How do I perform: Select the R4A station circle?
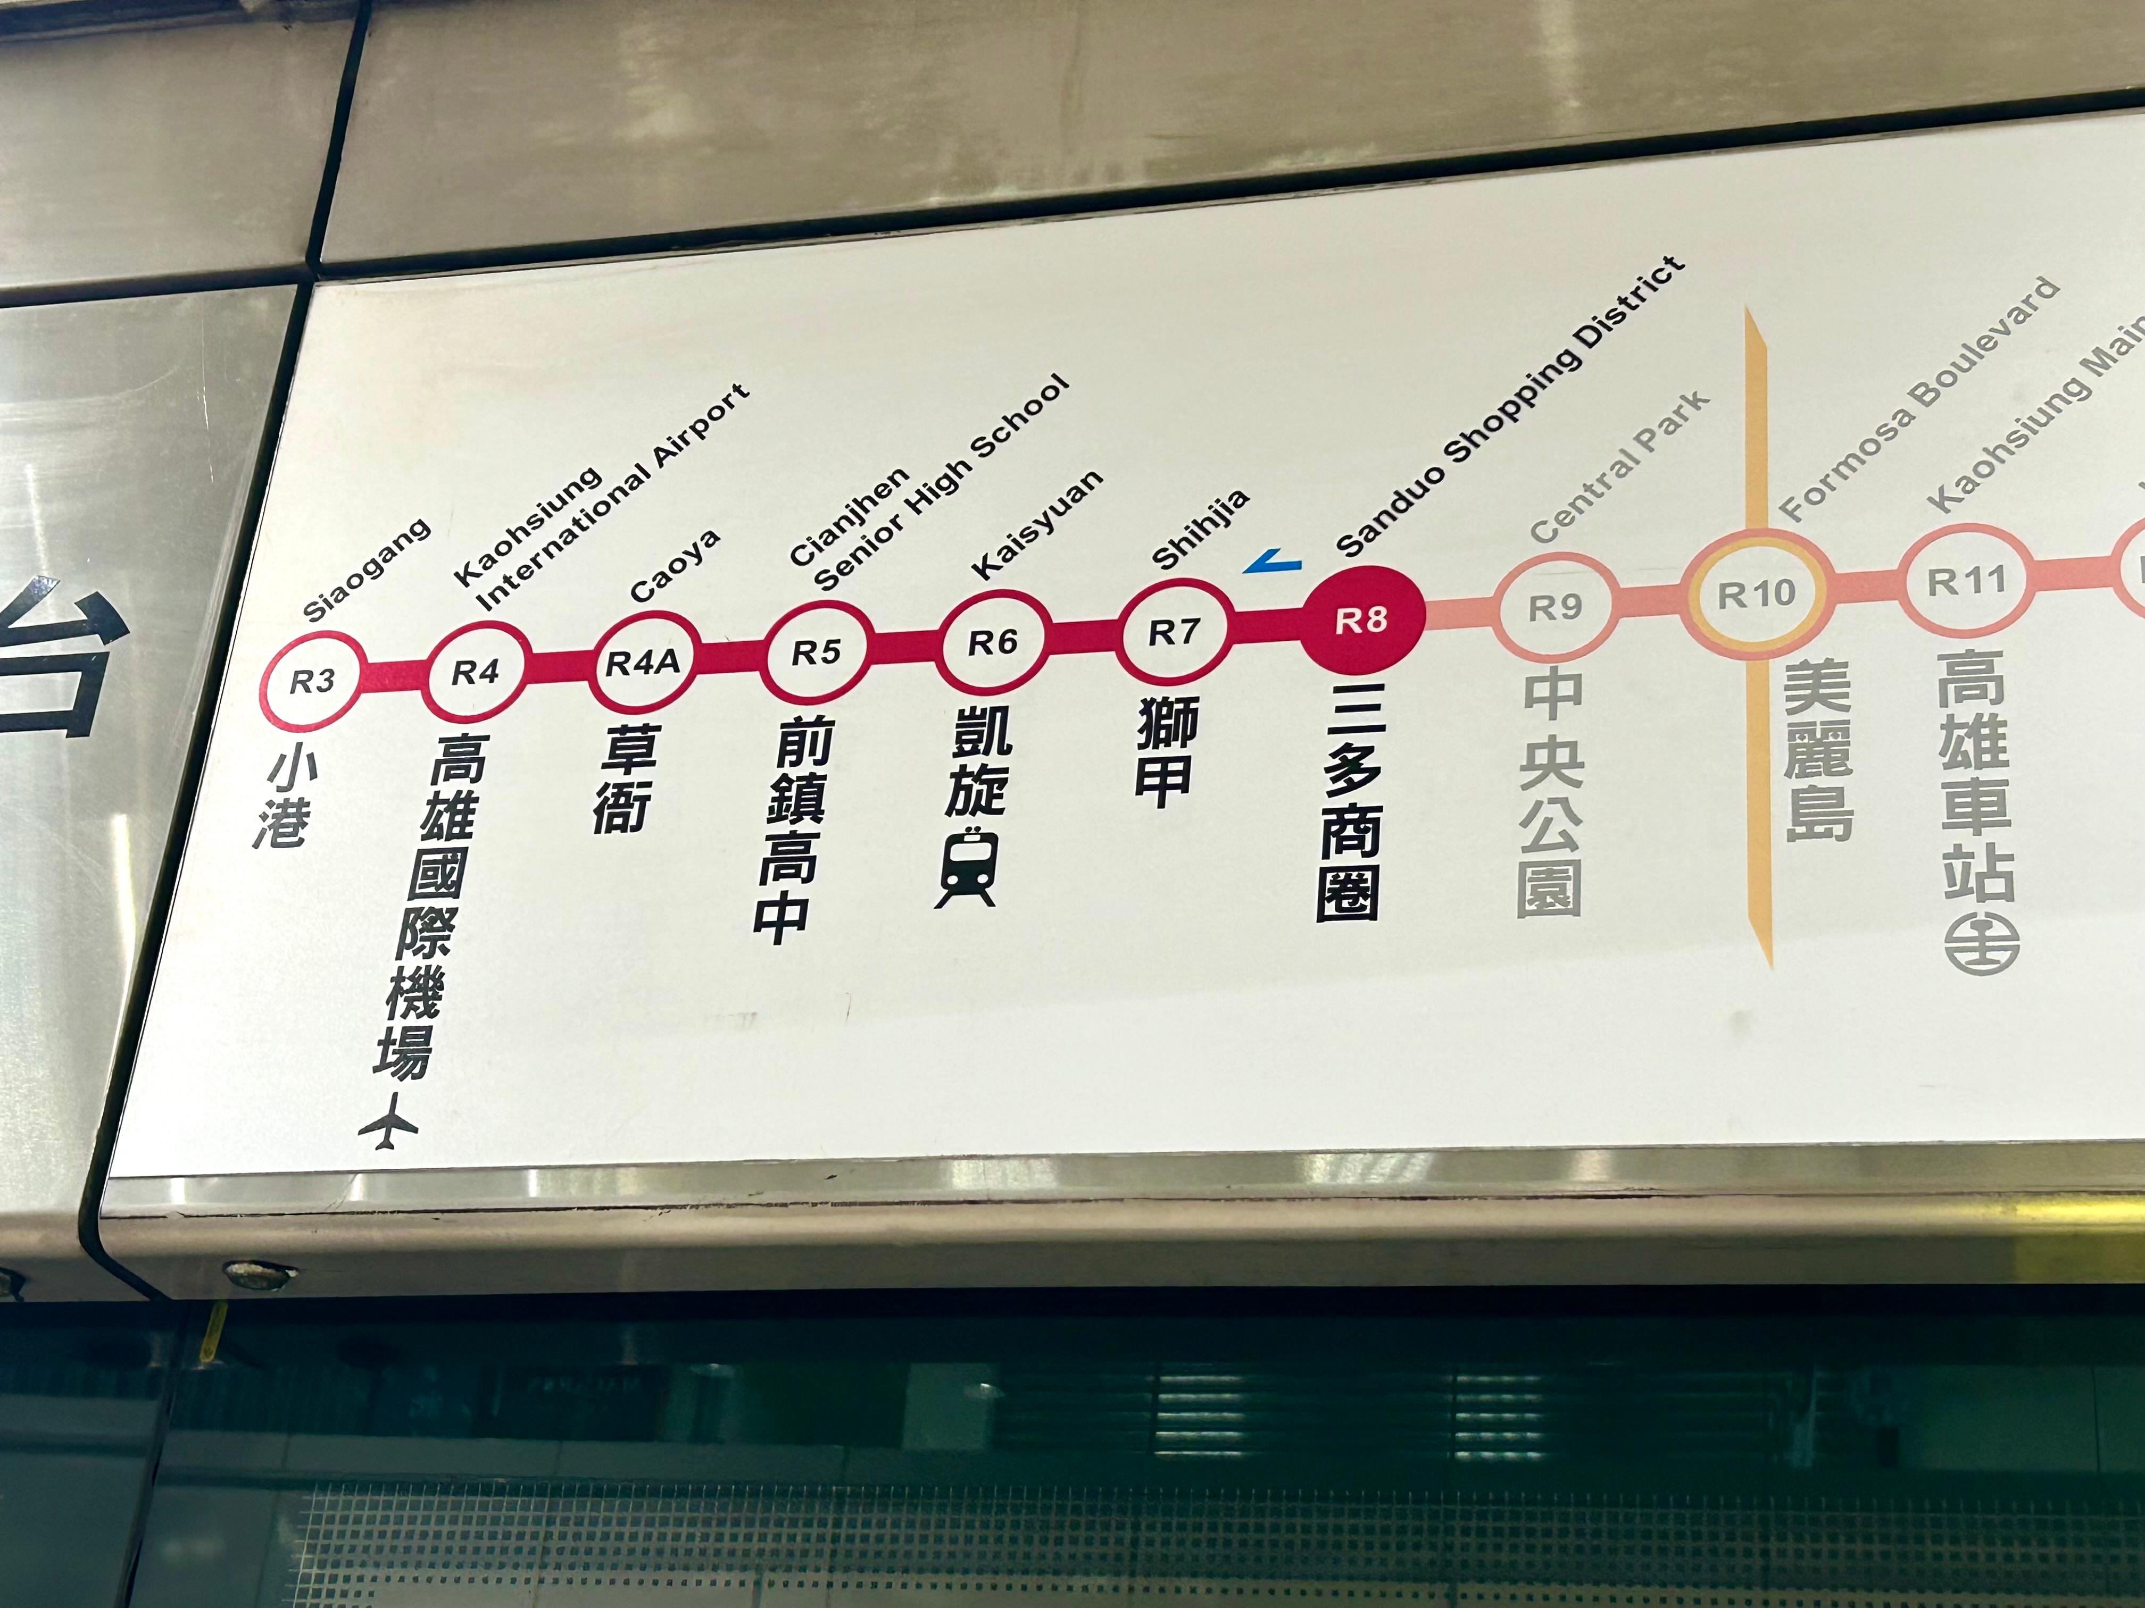point(642,663)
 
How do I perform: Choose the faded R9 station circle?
point(1556,608)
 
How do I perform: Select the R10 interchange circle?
point(1756,594)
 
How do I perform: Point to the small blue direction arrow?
point(1273,560)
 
